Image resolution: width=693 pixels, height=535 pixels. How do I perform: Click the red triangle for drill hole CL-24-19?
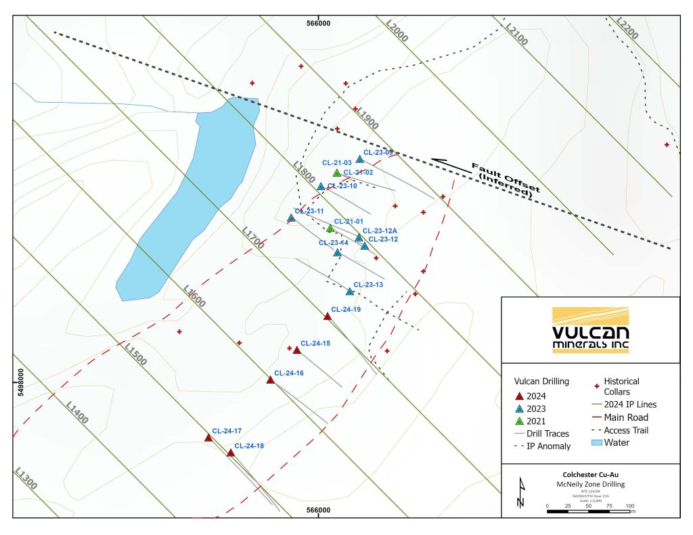click(x=328, y=316)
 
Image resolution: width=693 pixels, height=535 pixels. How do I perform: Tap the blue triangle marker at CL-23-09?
click(x=360, y=159)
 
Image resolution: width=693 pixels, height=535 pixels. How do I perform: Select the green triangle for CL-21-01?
click(x=330, y=228)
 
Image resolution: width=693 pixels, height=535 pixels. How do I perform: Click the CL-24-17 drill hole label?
click(x=227, y=431)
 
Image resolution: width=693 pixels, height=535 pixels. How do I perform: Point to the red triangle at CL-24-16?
click(x=271, y=379)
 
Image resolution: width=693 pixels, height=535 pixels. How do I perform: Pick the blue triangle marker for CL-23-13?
click(x=350, y=291)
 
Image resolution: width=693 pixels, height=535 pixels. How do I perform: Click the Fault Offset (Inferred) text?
click(x=504, y=179)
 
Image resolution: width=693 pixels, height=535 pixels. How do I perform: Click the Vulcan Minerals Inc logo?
click(x=590, y=329)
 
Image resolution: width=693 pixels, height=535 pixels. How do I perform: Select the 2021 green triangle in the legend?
click(x=520, y=421)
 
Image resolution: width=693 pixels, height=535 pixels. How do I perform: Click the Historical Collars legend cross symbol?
click(x=597, y=386)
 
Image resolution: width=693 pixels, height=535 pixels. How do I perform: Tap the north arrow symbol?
click(x=520, y=492)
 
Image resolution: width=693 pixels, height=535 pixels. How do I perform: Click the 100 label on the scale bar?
click(x=630, y=506)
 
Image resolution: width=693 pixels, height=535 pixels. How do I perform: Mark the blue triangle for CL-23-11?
click(x=291, y=218)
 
